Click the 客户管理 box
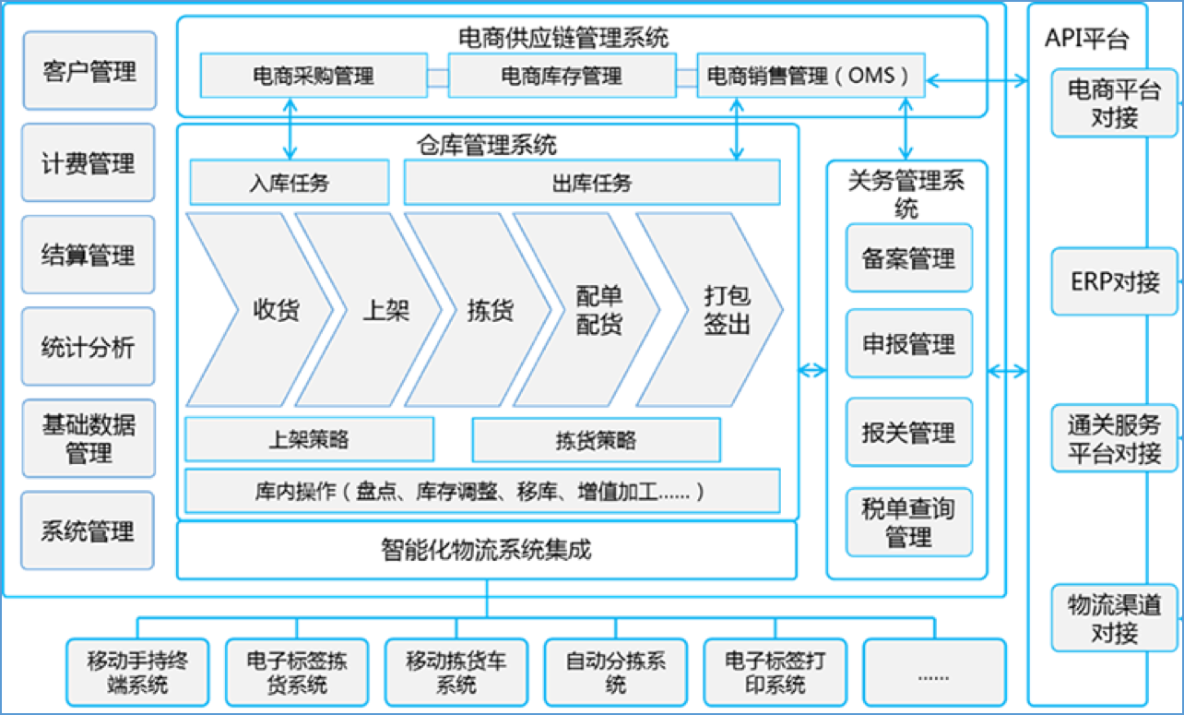[x=89, y=71]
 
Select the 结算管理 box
[x=89, y=256]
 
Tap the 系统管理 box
[x=89, y=531]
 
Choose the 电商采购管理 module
[x=313, y=76]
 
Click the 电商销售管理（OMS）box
[x=811, y=76]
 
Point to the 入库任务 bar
[x=289, y=183]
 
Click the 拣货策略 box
[x=596, y=440]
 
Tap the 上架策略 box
[x=309, y=439]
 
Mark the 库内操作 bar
[x=481, y=491]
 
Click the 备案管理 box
[x=908, y=258]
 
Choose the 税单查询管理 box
[x=908, y=522]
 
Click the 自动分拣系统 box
[x=616, y=673]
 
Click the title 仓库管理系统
[x=486, y=144]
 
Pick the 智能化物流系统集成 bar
[x=486, y=551]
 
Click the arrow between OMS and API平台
[x=977, y=81]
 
